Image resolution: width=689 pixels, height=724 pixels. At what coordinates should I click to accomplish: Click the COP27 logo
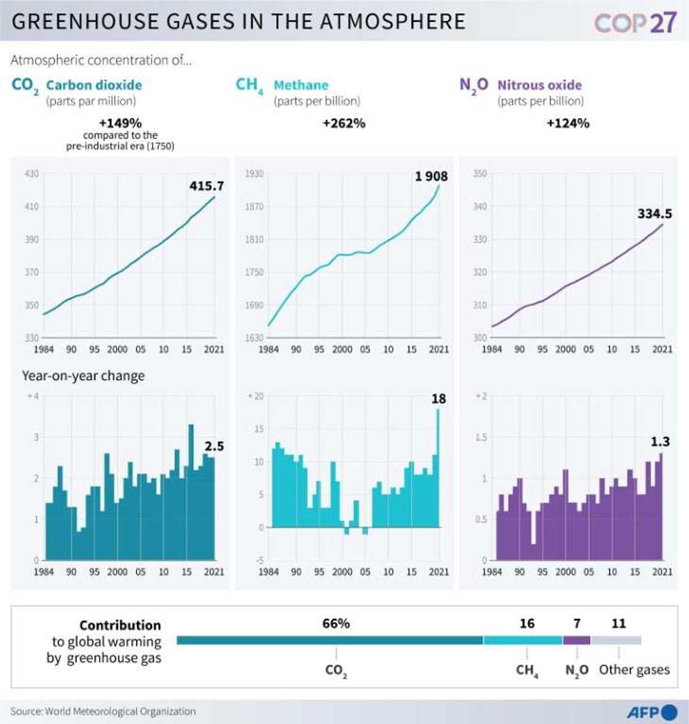pyautogui.click(x=635, y=23)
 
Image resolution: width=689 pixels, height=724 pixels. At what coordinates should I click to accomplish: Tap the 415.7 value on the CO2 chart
pyautogui.click(x=207, y=186)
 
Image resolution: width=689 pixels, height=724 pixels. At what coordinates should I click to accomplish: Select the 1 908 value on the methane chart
pyautogui.click(x=431, y=177)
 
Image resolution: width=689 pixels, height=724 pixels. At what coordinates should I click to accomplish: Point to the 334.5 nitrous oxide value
pyautogui.click(x=655, y=214)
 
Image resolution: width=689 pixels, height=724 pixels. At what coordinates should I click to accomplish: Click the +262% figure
pyautogui.click(x=344, y=123)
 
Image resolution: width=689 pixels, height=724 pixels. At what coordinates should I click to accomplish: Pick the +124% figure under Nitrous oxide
pyautogui.click(x=568, y=123)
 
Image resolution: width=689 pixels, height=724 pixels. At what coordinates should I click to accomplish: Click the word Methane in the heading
pyautogui.click(x=301, y=85)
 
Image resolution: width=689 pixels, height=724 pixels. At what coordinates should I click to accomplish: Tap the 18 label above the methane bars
pyautogui.click(x=438, y=399)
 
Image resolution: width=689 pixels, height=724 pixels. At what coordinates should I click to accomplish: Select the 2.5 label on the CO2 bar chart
pyautogui.click(x=214, y=446)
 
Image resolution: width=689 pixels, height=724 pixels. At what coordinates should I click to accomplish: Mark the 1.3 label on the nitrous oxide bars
pyautogui.click(x=661, y=442)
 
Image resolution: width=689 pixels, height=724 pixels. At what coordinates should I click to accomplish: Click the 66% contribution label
pyautogui.click(x=336, y=624)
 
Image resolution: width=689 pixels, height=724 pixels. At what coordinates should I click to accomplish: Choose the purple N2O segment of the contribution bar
pyautogui.click(x=576, y=640)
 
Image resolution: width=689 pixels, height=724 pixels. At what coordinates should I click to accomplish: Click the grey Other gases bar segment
pyautogui.click(x=616, y=640)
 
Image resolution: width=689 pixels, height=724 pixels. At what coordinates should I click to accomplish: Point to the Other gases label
pyautogui.click(x=634, y=669)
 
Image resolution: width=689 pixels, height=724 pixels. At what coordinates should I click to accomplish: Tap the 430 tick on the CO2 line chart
pyautogui.click(x=31, y=174)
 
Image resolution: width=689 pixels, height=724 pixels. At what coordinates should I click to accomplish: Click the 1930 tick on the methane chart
pyautogui.click(x=254, y=174)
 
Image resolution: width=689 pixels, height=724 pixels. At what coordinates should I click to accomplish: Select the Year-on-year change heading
pyautogui.click(x=83, y=376)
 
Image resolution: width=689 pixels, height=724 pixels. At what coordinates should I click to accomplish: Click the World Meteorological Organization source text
pyautogui.click(x=120, y=712)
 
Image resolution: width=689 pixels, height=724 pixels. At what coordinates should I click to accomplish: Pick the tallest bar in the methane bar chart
pyautogui.click(x=438, y=467)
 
